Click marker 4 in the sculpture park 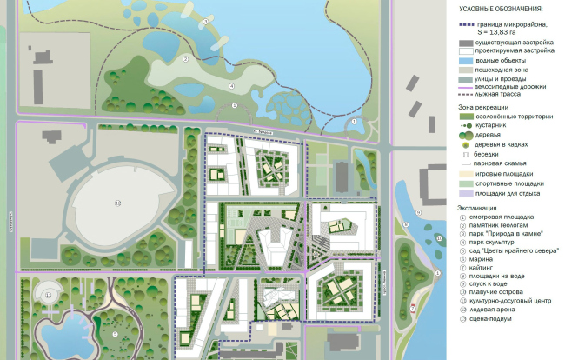232,85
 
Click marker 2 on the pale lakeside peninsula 185,60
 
